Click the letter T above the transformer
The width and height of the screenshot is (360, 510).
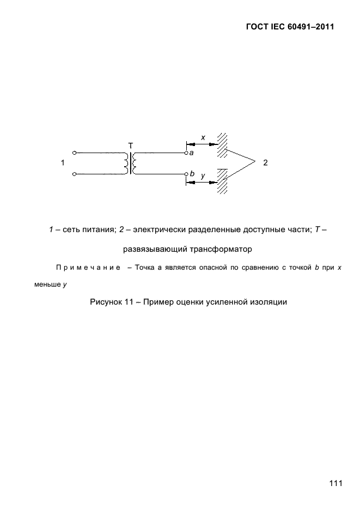point(130,145)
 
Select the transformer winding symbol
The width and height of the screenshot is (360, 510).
point(131,163)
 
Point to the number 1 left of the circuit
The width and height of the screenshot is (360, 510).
point(63,163)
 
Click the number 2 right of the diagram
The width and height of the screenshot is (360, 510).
point(265,162)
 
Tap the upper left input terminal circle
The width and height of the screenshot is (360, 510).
point(74,153)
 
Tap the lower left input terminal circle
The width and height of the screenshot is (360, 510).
point(74,174)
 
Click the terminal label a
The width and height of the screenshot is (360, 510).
point(192,154)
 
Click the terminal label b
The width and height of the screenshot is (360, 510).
point(192,173)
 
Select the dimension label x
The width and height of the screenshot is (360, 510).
point(203,138)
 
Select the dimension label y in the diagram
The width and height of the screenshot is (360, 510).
point(203,176)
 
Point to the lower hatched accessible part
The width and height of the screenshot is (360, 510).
point(221,181)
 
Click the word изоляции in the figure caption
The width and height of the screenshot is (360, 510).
point(267,301)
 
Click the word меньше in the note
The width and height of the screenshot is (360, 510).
point(46,284)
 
